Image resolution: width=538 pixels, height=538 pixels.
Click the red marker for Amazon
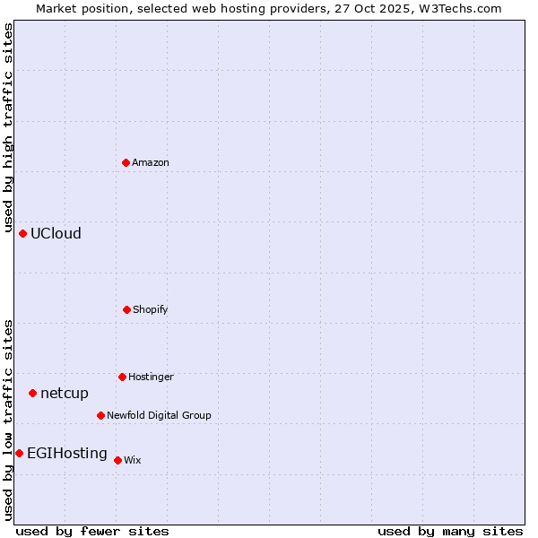coord(126,162)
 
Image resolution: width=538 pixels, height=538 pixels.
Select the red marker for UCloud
coord(22,233)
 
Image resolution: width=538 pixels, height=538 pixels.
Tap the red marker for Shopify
coord(126,309)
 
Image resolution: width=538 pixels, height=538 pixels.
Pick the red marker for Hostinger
coord(122,377)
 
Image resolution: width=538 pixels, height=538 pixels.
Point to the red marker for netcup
coord(32,393)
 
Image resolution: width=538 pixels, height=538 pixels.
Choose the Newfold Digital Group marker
coord(100,415)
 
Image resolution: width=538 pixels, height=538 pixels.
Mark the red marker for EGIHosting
coord(19,453)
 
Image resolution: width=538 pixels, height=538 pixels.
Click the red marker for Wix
coord(117,460)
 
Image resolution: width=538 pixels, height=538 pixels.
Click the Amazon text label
coord(151,162)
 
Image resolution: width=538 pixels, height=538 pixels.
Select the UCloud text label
coord(56,233)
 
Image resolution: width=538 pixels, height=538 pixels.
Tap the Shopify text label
coord(151,309)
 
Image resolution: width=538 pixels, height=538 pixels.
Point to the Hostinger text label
coord(151,377)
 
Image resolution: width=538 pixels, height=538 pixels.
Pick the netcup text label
coord(65,393)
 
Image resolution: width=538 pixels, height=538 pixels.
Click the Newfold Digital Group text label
coord(160,415)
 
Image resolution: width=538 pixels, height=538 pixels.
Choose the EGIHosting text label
coord(67,453)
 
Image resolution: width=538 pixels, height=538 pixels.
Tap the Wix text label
coord(133,460)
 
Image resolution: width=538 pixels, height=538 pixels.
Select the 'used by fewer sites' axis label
coord(92,531)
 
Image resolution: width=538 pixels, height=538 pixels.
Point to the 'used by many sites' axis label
coord(450,531)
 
